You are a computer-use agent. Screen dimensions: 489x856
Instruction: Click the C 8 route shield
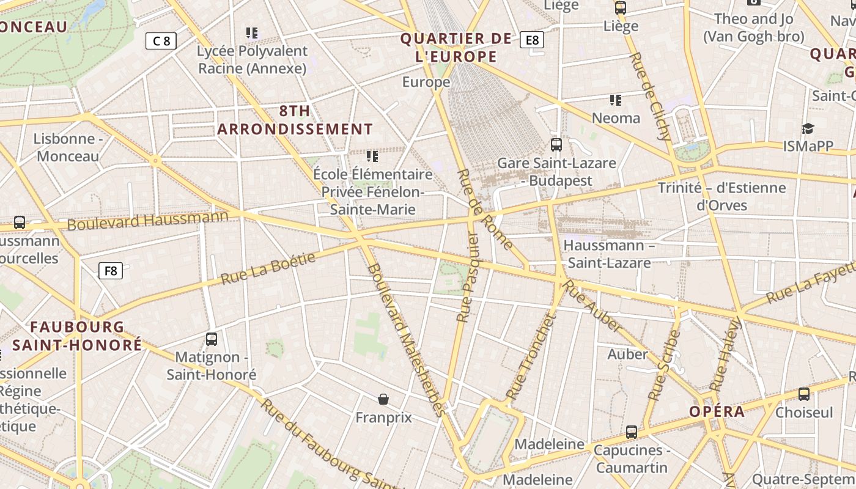pyautogui.click(x=161, y=41)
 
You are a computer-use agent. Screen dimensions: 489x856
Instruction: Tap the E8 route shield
pyautogui.click(x=532, y=40)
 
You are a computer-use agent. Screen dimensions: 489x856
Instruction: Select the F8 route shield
pyautogui.click(x=111, y=270)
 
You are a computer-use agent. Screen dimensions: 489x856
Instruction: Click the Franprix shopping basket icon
pyautogui.click(x=383, y=399)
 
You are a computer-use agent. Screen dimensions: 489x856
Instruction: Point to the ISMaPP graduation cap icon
pyautogui.click(x=808, y=128)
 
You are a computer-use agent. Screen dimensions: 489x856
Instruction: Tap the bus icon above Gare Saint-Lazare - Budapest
pyautogui.click(x=556, y=145)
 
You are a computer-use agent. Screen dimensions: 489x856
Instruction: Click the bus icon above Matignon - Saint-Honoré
pyautogui.click(x=212, y=339)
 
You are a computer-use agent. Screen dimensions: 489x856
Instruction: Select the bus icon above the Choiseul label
pyautogui.click(x=804, y=394)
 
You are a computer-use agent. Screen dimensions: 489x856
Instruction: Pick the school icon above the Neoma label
pyautogui.click(x=616, y=100)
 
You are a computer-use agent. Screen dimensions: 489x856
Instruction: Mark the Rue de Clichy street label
pyautogui.click(x=650, y=96)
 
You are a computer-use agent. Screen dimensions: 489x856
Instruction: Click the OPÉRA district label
pyautogui.click(x=717, y=411)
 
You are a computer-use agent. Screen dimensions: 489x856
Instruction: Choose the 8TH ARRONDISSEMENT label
pyautogui.click(x=295, y=120)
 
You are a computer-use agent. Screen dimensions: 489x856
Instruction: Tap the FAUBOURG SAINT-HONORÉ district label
pyautogui.click(x=77, y=336)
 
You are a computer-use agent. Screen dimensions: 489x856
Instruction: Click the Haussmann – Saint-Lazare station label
pyautogui.click(x=608, y=254)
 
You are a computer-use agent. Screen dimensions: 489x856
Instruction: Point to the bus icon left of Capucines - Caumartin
pyautogui.click(x=632, y=432)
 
